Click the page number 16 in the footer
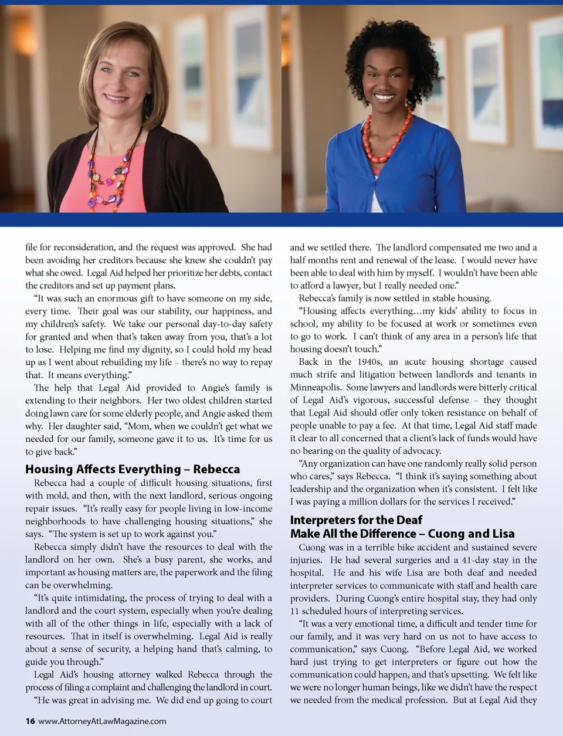tap(30, 721)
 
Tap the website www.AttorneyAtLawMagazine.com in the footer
tap(102, 721)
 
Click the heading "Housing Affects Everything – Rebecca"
tap(133, 469)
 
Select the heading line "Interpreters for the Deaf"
tap(356, 520)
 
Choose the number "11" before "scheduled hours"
tap(294, 611)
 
